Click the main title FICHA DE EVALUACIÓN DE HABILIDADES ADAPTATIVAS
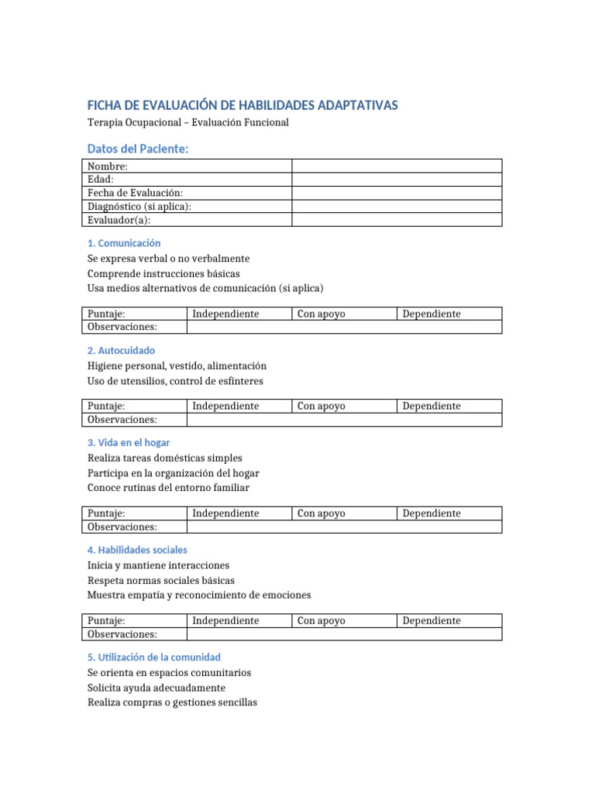[x=242, y=105]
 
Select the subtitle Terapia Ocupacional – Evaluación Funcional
[x=187, y=123]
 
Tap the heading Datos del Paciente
[x=138, y=148]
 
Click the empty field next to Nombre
[x=396, y=166]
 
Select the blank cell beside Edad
[x=396, y=179]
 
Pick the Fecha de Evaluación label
[x=135, y=193]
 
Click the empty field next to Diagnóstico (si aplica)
[x=396, y=206]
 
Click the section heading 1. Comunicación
[x=124, y=243]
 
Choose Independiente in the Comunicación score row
[x=225, y=314]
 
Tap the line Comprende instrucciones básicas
[x=163, y=273]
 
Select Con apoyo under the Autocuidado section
[x=322, y=406]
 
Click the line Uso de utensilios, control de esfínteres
[x=175, y=381]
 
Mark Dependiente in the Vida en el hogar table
[x=432, y=513]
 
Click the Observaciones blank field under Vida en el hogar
[x=344, y=527]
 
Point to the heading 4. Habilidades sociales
[x=137, y=550]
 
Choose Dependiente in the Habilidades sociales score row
[x=432, y=620]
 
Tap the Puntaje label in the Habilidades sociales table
[x=106, y=620]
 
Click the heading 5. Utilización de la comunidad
[x=154, y=657]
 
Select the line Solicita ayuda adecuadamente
[x=156, y=688]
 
